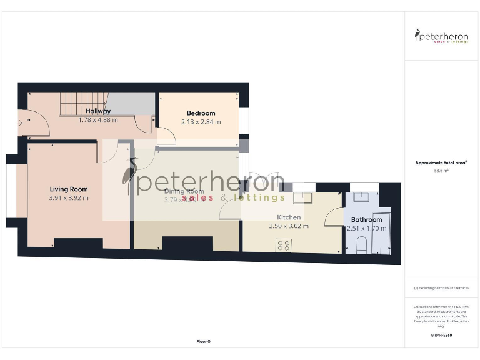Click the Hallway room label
point(98,111)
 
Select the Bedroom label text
point(201,113)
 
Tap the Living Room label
point(69,189)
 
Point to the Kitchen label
point(289,217)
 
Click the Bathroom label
point(366,220)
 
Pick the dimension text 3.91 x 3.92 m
point(69,198)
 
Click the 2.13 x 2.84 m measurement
point(201,122)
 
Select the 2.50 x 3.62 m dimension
point(289,226)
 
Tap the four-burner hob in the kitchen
point(283,245)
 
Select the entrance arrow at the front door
point(21,123)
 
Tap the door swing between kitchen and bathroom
point(334,217)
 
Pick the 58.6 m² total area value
point(442,170)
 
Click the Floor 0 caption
point(204,341)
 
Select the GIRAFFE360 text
point(441,336)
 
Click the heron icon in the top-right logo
point(417,35)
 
